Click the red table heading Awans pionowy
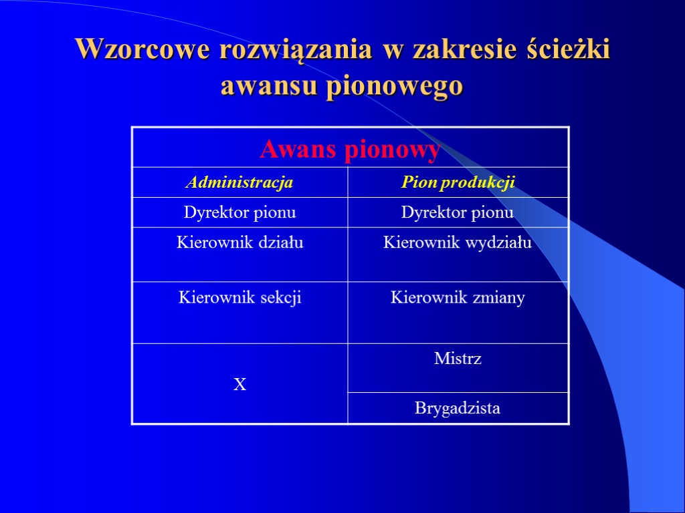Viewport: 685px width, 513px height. (x=350, y=149)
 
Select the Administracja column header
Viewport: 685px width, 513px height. (x=239, y=182)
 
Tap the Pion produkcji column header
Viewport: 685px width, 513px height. (x=458, y=182)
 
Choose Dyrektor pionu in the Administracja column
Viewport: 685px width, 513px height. (x=239, y=212)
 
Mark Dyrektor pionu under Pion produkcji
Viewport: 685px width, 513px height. (x=458, y=212)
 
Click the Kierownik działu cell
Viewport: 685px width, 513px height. (x=239, y=242)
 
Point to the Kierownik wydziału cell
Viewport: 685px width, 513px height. (x=458, y=242)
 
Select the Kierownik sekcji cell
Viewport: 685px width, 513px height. (x=239, y=297)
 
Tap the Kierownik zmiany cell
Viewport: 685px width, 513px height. (x=458, y=297)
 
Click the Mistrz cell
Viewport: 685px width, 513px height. (x=458, y=359)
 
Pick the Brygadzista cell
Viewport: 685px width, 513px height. (x=458, y=407)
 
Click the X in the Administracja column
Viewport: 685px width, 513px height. (x=239, y=384)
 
